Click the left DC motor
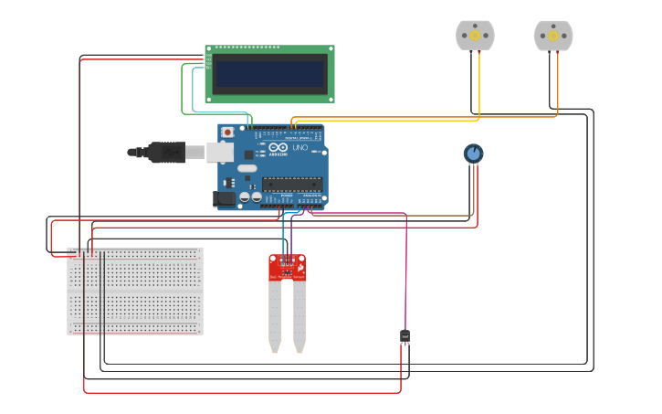(x=475, y=35)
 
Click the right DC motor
(x=553, y=35)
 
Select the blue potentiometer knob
(x=473, y=154)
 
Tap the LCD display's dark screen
(x=268, y=74)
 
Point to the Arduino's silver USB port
(x=222, y=152)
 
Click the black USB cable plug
(x=168, y=152)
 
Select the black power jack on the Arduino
(x=222, y=198)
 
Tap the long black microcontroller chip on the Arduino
(x=292, y=184)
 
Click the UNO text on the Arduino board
(x=299, y=147)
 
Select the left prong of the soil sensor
(x=275, y=315)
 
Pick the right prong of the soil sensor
(x=299, y=315)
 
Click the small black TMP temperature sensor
(x=405, y=336)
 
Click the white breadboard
(x=135, y=291)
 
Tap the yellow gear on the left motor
(x=475, y=35)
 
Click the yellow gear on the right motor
(x=553, y=35)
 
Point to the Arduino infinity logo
(x=278, y=147)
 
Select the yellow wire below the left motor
(x=479, y=87)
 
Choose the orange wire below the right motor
(x=558, y=87)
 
